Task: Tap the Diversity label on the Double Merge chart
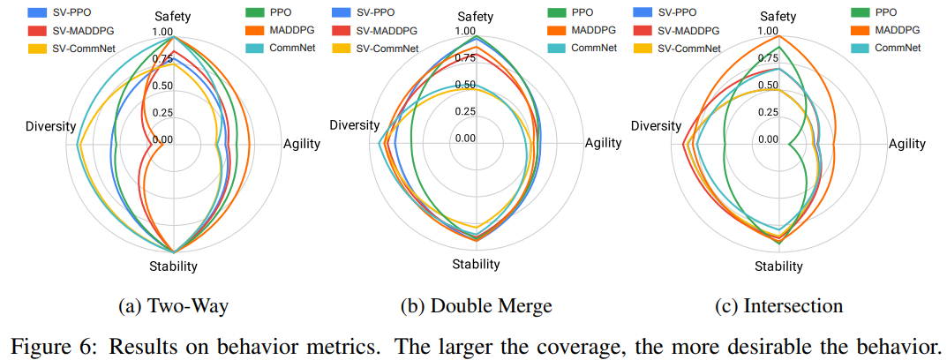tap(354, 125)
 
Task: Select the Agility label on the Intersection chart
tap(906, 144)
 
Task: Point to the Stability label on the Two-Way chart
tap(173, 266)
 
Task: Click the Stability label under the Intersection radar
tap(779, 266)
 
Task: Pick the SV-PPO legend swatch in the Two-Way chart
tap(39, 13)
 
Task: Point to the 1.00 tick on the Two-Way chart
tap(162, 32)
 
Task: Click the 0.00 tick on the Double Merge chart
tap(465, 139)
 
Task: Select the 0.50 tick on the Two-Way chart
tap(162, 86)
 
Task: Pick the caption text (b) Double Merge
tap(476, 306)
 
